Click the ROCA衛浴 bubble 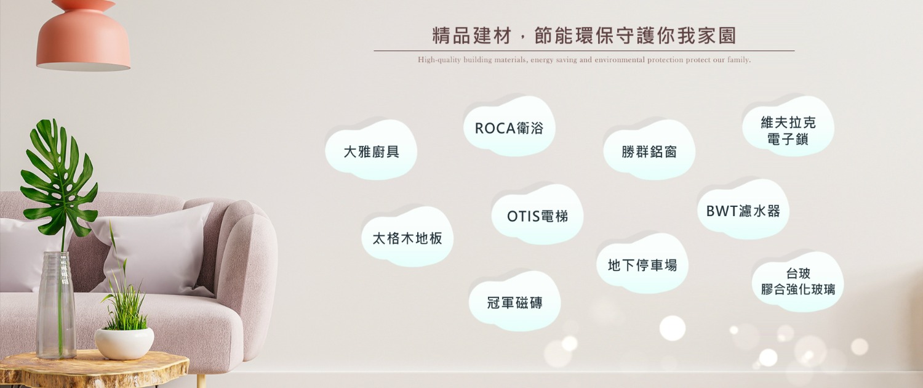(509, 127)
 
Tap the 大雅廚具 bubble (371, 150)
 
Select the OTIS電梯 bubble (537, 215)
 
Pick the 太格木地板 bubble (407, 237)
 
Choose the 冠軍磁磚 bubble (514, 302)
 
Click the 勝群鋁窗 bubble (649, 150)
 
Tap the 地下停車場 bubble (642, 264)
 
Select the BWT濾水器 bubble (743, 210)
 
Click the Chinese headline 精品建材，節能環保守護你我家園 (584, 36)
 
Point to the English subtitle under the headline (585, 60)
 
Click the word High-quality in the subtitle (439, 60)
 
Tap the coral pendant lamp (83, 37)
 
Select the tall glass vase (56, 305)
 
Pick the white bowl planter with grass (124, 343)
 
